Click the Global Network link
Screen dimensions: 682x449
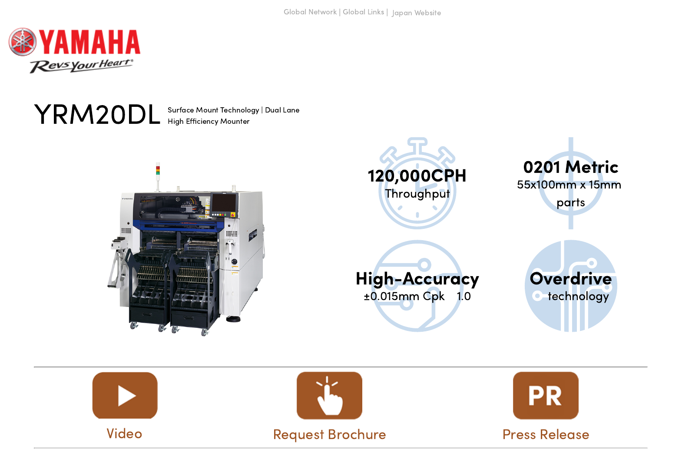(x=310, y=12)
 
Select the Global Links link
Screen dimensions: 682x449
(x=363, y=12)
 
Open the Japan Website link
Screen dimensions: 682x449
(x=416, y=13)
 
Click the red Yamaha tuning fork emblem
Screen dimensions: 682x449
(x=23, y=42)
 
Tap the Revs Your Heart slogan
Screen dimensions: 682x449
(x=81, y=66)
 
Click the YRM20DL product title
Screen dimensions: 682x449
(x=97, y=115)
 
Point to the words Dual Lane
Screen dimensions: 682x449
(x=282, y=110)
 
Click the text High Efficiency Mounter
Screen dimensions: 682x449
(x=209, y=122)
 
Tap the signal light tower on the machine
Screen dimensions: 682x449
(x=158, y=171)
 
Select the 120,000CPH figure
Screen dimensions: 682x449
(x=417, y=176)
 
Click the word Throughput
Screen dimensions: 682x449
(x=417, y=194)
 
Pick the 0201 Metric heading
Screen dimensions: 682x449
(x=570, y=167)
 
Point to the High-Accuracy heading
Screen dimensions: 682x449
(x=417, y=279)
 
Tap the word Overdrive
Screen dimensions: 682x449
(x=570, y=279)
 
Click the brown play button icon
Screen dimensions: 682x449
(x=125, y=396)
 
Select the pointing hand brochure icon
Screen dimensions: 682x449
(x=329, y=396)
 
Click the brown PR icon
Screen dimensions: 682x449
(x=546, y=396)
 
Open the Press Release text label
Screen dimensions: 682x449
(x=546, y=435)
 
